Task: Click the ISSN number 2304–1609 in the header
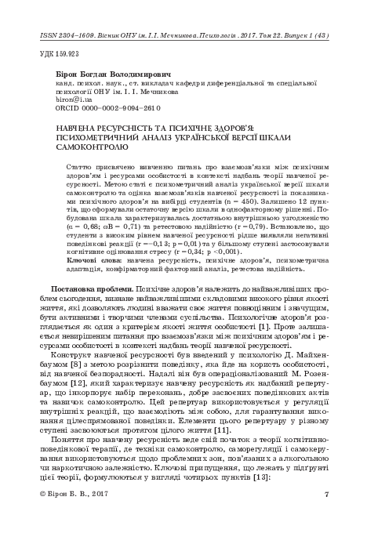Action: [x=68, y=37]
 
